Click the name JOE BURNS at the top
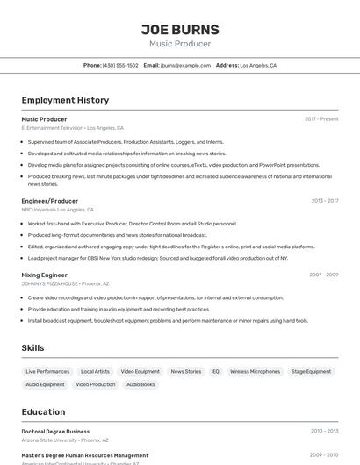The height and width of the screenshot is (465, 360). point(180,29)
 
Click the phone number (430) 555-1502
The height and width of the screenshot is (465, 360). point(120,65)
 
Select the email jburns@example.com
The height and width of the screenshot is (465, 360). point(185,65)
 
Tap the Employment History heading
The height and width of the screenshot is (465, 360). point(65,100)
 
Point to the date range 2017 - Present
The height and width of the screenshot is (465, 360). point(321,118)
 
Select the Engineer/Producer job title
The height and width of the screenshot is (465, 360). point(50,201)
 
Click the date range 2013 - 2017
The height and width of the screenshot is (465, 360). point(324,201)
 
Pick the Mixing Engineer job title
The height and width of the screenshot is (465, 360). point(44,275)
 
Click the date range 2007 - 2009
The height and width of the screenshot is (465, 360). point(323,275)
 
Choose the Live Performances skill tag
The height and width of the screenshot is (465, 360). point(47,371)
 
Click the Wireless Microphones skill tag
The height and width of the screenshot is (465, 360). point(255,371)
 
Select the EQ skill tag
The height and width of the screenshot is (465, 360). point(216,371)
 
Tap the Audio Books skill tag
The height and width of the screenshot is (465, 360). point(140,384)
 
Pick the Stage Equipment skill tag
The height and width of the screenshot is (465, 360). point(311,371)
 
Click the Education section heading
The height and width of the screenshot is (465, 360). point(43,411)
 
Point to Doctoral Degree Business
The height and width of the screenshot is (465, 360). point(55,432)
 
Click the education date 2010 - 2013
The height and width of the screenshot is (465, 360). point(324,431)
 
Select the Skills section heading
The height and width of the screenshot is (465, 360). point(32,348)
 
